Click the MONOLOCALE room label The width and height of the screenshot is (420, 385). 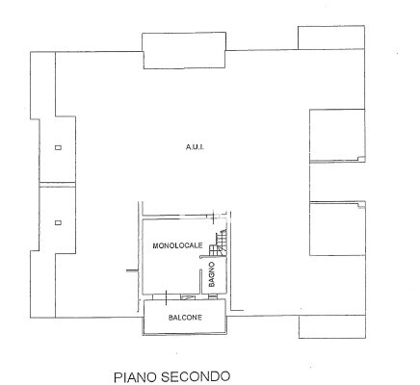(177, 245)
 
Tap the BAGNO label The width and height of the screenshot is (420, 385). (211, 274)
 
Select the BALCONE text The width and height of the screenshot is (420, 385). (185, 318)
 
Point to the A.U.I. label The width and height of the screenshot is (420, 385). (195, 147)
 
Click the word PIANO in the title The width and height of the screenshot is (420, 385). (136, 376)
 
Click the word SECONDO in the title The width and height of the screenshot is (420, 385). (196, 376)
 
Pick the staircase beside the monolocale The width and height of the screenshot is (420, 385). (218, 243)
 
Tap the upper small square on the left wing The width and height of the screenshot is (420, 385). (58, 147)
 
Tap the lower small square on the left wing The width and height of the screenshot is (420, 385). (58, 222)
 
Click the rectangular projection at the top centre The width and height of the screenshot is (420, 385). (184, 50)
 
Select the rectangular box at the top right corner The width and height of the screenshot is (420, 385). (331, 38)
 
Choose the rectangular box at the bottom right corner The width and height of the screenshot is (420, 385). (332, 326)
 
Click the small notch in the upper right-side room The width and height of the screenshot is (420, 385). (361, 158)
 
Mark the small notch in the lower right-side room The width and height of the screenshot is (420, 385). (361, 205)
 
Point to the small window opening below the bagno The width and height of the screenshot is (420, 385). (213, 297)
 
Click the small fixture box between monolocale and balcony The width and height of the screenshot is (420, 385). (187, 297)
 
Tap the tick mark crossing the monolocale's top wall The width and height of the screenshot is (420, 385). (214, 218)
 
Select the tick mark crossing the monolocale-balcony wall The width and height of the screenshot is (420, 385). (166, 297)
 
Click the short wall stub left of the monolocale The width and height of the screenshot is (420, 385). (132, 270)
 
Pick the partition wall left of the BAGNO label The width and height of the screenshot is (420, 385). (200, 281)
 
